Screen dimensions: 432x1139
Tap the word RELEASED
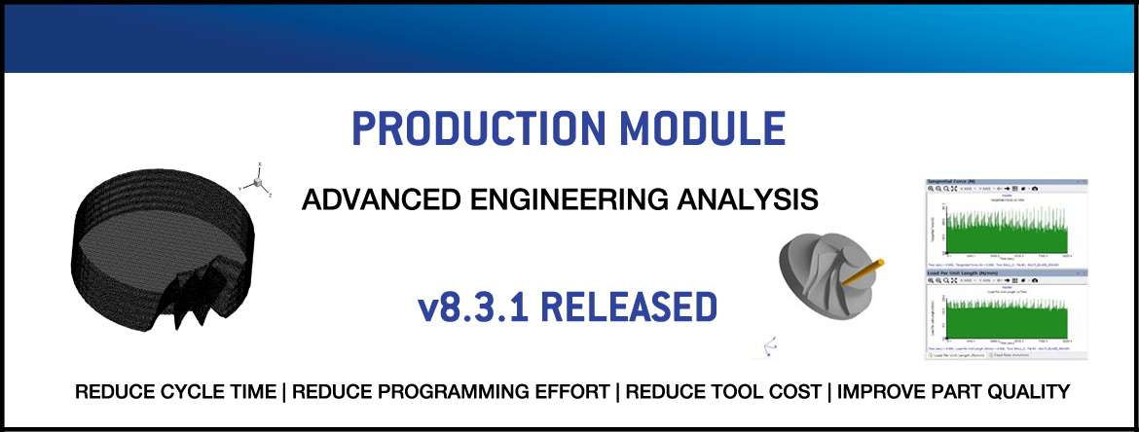pyautogui.click(x=628, y=306)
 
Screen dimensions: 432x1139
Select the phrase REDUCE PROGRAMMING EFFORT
pyautogui.click(x=454, y=392)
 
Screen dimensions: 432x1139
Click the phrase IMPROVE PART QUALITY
pyautogui.click(x=953, y=392)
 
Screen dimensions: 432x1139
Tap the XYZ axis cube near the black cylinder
pyautogui.click(x=257, y=182)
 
